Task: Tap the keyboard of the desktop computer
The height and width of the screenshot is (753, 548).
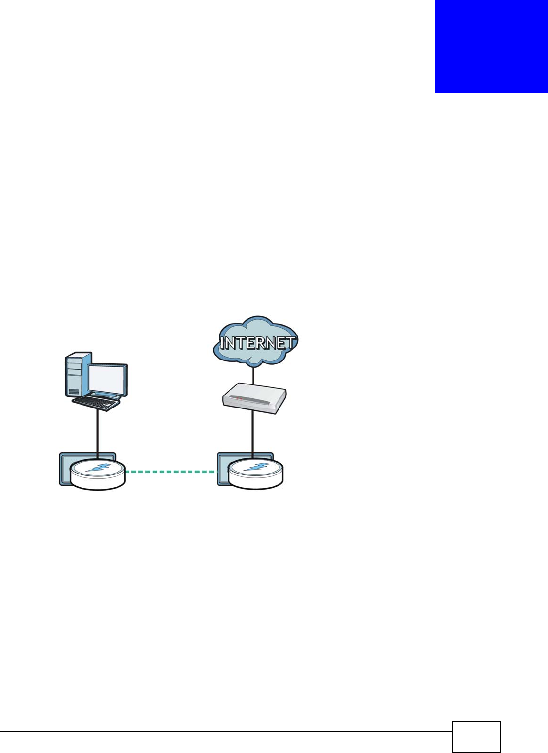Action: (96, 403)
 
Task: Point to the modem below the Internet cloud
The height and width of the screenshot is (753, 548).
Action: (254, 398)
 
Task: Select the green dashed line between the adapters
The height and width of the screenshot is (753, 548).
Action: (170, 472)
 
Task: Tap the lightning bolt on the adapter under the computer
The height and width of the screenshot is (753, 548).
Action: (98, 468)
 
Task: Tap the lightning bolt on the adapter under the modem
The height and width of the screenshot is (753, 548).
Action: (256, 467)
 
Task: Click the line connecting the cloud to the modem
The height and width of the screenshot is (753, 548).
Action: (253, 375)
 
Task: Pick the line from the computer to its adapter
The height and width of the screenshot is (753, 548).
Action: (98, 432)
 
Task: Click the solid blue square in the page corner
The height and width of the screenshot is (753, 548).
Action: (491, 46)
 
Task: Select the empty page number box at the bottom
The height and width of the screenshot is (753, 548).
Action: (476, 737)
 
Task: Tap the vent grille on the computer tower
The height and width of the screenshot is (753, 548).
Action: (74, 391)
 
